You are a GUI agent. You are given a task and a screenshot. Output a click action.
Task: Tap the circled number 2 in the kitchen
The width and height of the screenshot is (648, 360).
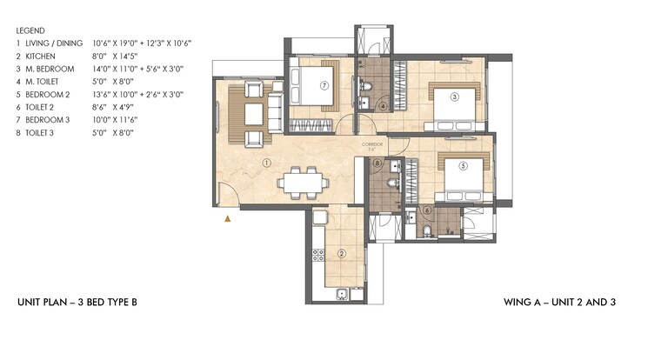pos(342,254)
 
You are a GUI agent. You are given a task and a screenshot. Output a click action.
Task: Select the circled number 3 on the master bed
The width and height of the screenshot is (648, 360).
pos(453,97)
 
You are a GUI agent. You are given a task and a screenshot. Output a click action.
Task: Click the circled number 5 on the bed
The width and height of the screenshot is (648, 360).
pos(464,165)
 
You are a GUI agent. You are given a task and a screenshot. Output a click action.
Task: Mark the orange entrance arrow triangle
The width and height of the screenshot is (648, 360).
pos(228,220)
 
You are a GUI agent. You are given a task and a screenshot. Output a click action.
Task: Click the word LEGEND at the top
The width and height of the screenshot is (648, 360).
pos(30,30)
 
